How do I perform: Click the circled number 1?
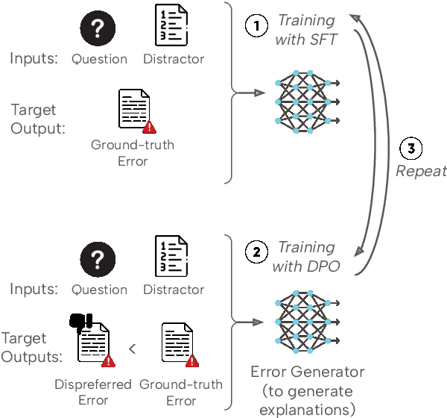pos(256,25)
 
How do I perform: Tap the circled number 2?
pos(256,252)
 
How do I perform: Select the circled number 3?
pos(410,149)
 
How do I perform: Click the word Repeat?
pos(420,171)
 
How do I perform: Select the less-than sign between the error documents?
pos(131,348)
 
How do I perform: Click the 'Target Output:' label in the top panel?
pos(37,119)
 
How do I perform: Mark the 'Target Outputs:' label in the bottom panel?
pos(32,348)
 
